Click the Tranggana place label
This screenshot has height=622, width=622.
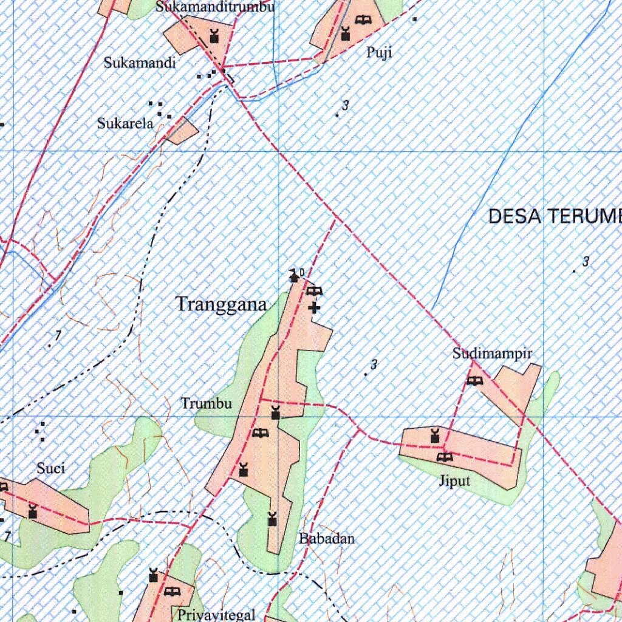coord(221,304)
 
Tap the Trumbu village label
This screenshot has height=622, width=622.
coord(206,403)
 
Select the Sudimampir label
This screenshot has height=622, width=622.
coord(492,354)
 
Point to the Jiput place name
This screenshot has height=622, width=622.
coord(455,482)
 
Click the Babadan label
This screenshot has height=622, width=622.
coord(326,539)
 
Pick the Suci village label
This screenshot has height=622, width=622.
coord(51,468)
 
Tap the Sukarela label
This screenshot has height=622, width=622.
coord(125,123)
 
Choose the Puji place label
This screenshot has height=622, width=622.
coord(379,53)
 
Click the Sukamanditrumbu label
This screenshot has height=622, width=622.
coord(215,7)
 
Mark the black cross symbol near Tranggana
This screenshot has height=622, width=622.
coord(314,307)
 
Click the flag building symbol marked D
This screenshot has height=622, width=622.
coord(295,276)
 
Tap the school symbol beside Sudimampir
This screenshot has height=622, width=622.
coord(474,381)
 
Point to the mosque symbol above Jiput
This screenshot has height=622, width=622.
coord(434,436)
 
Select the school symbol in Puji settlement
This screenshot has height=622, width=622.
coord(363,19)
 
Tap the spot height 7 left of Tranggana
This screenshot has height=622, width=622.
coord(58,335)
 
